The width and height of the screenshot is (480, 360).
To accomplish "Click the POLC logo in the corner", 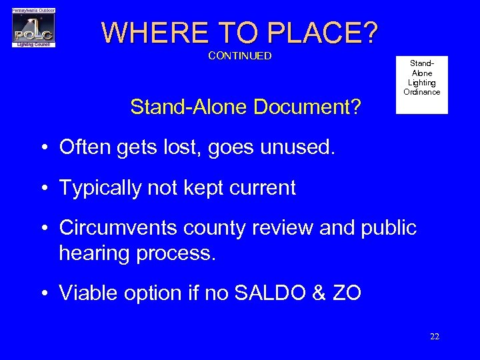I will (x=33, y=28).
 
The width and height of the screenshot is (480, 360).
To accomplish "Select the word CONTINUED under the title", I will (x=240, y=56).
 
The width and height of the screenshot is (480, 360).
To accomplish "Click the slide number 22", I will (x=434, y=337).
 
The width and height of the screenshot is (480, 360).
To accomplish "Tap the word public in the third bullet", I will (x=388, y=229).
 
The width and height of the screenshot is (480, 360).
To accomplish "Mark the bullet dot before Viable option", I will (x=43, y=294).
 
